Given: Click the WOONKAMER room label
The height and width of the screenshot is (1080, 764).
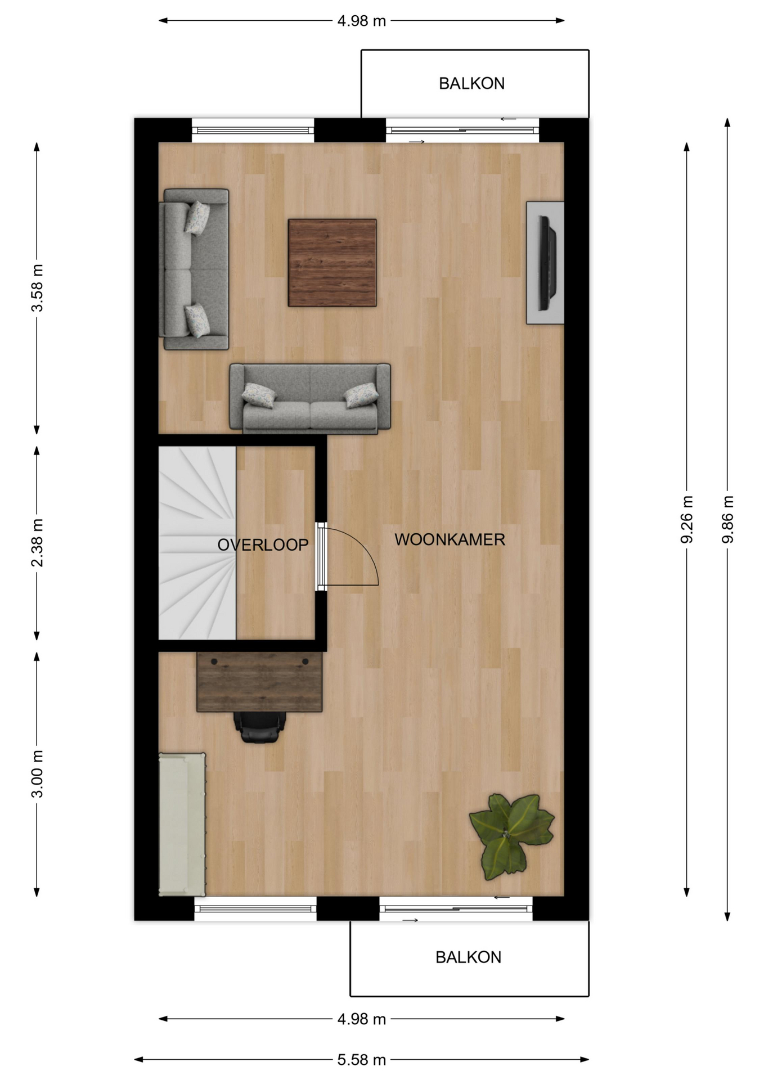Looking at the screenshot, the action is click(x=450, y=539).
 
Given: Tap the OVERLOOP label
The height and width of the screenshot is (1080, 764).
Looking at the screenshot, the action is click(x=263, y=544).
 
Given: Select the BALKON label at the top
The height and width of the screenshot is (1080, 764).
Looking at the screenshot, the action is click(x=471, y=83).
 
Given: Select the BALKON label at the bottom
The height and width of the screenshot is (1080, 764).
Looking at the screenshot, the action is click(x=468, y=957).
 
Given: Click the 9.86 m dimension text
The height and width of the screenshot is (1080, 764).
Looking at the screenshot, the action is click(x=727, y=519).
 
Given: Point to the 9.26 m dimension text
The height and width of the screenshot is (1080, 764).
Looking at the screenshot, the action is click(x=686, y=519).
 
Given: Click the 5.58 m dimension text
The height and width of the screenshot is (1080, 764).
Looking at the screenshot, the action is click(x=362, y=1060).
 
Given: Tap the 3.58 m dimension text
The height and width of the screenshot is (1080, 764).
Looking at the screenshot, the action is click(x=37, y=287).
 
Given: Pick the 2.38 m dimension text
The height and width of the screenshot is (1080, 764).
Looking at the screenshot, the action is click(x=37, y=543).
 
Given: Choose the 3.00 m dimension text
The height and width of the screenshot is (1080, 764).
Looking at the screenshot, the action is click(x=37, y=773).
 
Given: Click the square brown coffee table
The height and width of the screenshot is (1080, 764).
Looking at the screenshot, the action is click(x=332, y=263).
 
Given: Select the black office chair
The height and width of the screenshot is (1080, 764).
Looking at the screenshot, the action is click(x=259, y=727).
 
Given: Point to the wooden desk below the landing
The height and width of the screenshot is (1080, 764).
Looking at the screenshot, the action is click(x=259, y=682).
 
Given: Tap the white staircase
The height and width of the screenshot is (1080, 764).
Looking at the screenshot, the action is click(x=197, y=543).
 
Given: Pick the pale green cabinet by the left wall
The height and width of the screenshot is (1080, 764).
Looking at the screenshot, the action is click(x=182, y=824).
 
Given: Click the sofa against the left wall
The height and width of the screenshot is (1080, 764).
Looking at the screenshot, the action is click(x=195, y=269).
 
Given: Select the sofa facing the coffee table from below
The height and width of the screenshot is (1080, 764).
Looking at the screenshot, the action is click(x=310, y=398).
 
